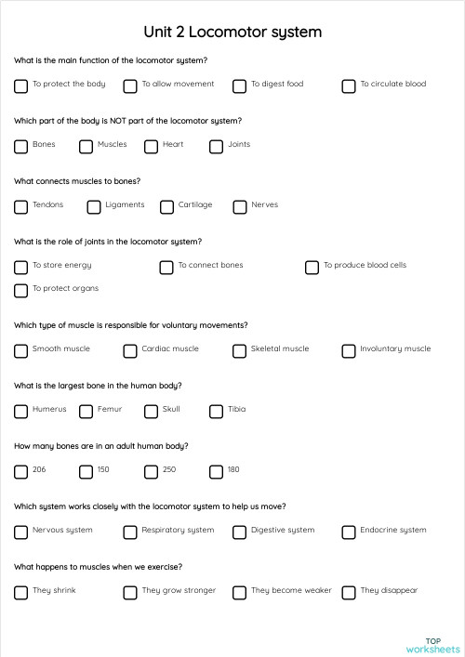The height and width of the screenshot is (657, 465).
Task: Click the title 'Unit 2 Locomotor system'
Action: point(232,32)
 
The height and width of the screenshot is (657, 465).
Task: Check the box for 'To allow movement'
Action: point(130,85)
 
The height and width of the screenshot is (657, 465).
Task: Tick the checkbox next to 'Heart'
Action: point(151,146)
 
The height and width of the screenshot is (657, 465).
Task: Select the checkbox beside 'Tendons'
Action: point(20,206)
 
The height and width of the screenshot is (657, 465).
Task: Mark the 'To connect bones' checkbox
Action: point(166,267)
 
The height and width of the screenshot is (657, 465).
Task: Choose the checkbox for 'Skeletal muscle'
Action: point(239,350)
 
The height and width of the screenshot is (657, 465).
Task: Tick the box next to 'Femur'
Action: point(86,411)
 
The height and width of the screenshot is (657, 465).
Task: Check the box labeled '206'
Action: point(20,471)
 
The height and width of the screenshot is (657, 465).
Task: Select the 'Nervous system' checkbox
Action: point(20,532)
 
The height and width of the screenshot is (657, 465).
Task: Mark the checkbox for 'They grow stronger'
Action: point(130,592)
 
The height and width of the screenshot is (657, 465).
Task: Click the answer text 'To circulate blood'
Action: point(392,85)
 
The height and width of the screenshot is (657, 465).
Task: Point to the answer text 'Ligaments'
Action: point(125,205)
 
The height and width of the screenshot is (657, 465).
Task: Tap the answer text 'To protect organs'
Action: point(65,289)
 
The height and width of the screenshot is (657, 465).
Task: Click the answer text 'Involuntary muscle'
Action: point(395,349)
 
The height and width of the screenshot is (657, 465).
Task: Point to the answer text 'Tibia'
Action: point(237,410)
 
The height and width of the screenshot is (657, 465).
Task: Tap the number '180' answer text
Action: point(233,470)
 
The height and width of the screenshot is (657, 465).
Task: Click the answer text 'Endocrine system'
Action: point(393,531)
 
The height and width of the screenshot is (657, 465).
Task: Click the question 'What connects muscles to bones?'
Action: point(77,181)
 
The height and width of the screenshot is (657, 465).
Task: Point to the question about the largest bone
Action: point(98,386)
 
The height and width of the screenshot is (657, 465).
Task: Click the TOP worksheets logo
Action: point(432,645)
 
